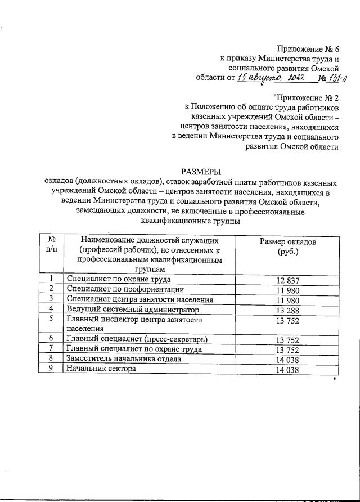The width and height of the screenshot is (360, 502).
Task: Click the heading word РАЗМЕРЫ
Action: pos(201,172)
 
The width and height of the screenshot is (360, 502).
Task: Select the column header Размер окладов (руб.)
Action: pos(287,246)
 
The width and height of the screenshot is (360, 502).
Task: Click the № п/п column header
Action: pos(51,246)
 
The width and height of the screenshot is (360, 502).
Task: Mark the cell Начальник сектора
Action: pos(102,369)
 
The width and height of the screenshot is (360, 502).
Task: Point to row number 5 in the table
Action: pos(51,319)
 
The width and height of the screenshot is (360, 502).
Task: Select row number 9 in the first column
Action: pos(51,369)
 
